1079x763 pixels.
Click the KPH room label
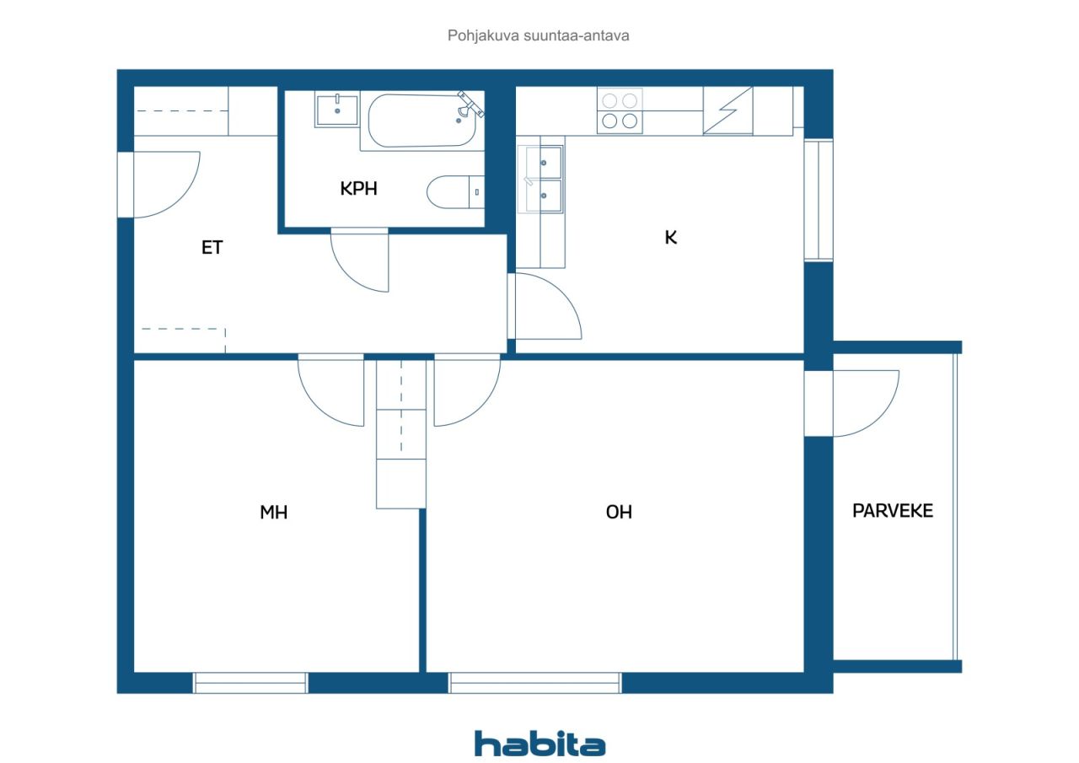coord(358,188)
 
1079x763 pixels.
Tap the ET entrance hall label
coord(212,248)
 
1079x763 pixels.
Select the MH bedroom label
coord(274,512)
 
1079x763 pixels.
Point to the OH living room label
coord(619,512)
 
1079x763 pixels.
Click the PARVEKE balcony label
coord(893,511)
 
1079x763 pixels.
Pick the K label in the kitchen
coord(670,238)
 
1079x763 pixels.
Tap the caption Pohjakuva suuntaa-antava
coord(538,35)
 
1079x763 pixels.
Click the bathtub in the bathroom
coord(422,121)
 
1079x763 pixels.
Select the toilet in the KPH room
coord(455,192)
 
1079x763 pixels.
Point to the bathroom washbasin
coord(336,110)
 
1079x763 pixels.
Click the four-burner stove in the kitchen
coord(620,110)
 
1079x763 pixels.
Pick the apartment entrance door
coord(167,185)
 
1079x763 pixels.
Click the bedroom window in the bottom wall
coord(250,683)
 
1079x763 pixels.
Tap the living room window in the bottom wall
coord(534,683)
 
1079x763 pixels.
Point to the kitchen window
coord(819,200)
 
